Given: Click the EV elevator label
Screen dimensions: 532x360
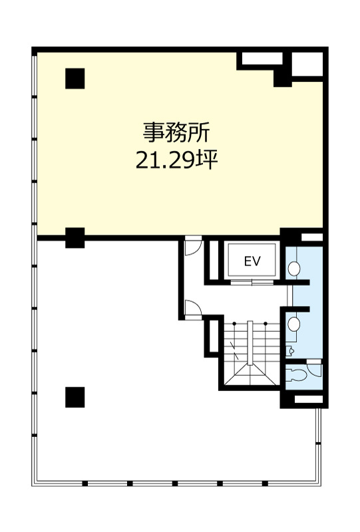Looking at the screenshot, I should (x=252, y=261).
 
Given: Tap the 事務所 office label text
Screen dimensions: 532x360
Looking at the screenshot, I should (x=177, y=132).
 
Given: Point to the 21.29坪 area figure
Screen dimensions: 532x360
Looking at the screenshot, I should (x=177, y=160).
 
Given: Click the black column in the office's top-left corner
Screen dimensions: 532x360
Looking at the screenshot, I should (x=75, y=78).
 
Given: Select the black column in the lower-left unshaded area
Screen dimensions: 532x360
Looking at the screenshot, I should (x=75, y=397).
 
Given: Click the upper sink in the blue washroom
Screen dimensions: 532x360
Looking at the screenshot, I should (x=295, y=269).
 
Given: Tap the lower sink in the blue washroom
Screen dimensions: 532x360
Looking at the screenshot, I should (x=295, y=324).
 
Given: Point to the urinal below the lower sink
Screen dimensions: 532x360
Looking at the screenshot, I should (x=291, y=350).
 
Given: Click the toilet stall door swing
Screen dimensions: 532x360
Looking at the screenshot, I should (x=313, y=368).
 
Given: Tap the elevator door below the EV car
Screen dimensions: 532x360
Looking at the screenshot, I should (x=251, y=281).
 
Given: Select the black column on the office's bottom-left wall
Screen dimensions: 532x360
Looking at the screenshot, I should (x=75, y=237).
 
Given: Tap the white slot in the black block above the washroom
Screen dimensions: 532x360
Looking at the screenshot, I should (x=311, y=237).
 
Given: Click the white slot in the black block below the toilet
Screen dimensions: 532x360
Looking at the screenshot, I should (x=307, y=400).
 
